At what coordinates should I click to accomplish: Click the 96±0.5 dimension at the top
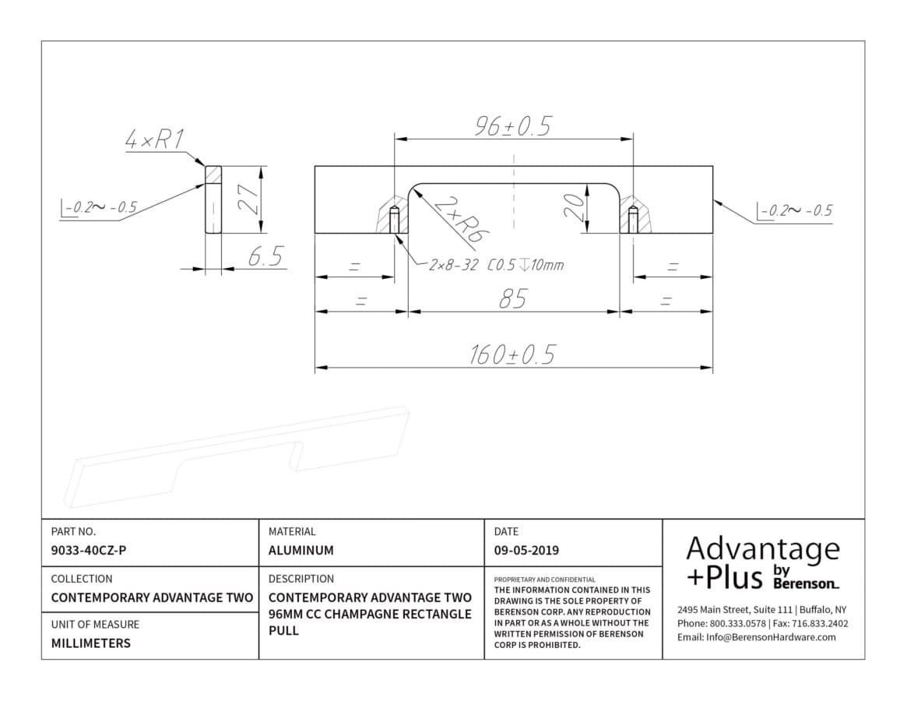[513, 126]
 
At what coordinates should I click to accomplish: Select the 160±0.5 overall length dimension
[512, 354]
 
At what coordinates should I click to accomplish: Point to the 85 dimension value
[512, 299]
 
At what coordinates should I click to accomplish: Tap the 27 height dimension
[250, 199]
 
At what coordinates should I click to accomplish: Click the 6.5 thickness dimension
[265, 256]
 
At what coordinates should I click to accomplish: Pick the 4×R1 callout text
[154, 139]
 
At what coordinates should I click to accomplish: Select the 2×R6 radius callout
[460, 220]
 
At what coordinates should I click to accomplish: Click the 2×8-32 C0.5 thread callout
[496, 265]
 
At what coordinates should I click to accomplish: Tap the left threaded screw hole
[395, 220]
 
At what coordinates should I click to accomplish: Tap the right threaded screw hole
[634, 220]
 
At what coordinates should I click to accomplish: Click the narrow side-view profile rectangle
[213, 199]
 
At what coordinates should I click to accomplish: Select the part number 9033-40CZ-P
[89, 551]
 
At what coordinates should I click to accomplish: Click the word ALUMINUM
[301, 551]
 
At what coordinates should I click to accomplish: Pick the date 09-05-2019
[526, 551]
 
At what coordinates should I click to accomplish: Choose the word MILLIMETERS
[91, 643]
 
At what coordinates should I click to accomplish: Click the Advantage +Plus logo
[762, 563]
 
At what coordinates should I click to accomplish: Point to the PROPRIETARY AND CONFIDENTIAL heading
[544, 579]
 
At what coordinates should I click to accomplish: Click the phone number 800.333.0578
[737, 623]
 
